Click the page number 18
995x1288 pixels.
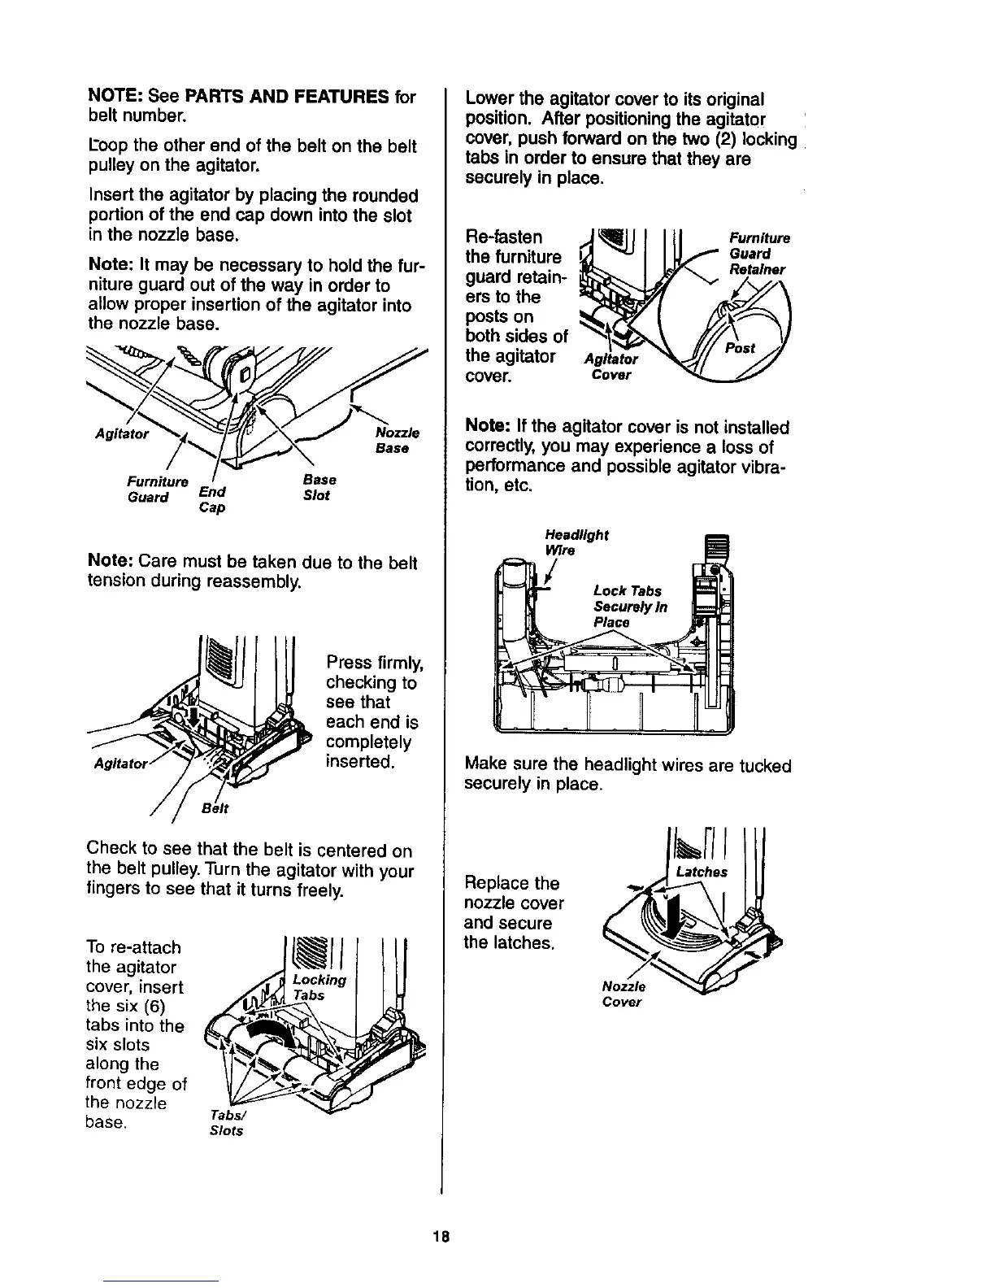pos(442,1235)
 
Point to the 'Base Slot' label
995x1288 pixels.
pos(318,488)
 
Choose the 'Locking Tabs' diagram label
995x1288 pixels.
pos(315,987)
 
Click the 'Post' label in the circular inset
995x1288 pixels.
pos(741,347)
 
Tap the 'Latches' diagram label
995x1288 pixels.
pos(702,872)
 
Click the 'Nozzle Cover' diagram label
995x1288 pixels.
pos(623,994)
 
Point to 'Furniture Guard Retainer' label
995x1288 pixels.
pos(758,254)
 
